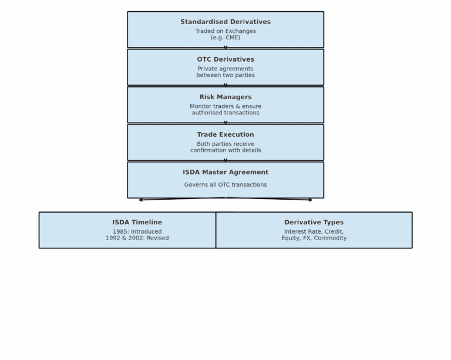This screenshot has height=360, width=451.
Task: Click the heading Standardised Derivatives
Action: (225, 22)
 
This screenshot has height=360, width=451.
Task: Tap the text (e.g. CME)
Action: (225, 38)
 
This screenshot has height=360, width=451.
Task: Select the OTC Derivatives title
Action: (225, 59)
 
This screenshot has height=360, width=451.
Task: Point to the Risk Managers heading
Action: (225, 97)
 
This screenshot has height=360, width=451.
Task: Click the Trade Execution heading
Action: (225, 134)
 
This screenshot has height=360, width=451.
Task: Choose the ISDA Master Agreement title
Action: (225, 172)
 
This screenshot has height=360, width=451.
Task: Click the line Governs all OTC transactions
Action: (225, 184)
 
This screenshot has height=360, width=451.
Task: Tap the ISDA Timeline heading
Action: (137, 223)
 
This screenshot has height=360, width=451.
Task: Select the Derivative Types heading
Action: (314, 223)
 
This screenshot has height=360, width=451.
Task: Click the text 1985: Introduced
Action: (137, 231)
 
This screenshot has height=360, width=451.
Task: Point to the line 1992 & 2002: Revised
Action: (137, 238)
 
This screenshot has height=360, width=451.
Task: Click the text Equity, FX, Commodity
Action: (314, 238)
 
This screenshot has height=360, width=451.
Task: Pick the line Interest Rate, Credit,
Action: (314, 231)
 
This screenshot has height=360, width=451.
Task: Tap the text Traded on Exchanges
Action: (225, 31)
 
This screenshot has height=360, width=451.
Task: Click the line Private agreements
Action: (225, 69)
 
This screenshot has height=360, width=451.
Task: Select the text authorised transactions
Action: (225, 113)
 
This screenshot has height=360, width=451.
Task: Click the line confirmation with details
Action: (225, 150)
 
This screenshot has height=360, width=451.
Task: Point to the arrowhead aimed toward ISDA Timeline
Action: (141, 200)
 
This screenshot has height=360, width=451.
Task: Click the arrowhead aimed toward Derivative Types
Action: (310, 200)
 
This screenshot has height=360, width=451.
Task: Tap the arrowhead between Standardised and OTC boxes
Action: (225, 48)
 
